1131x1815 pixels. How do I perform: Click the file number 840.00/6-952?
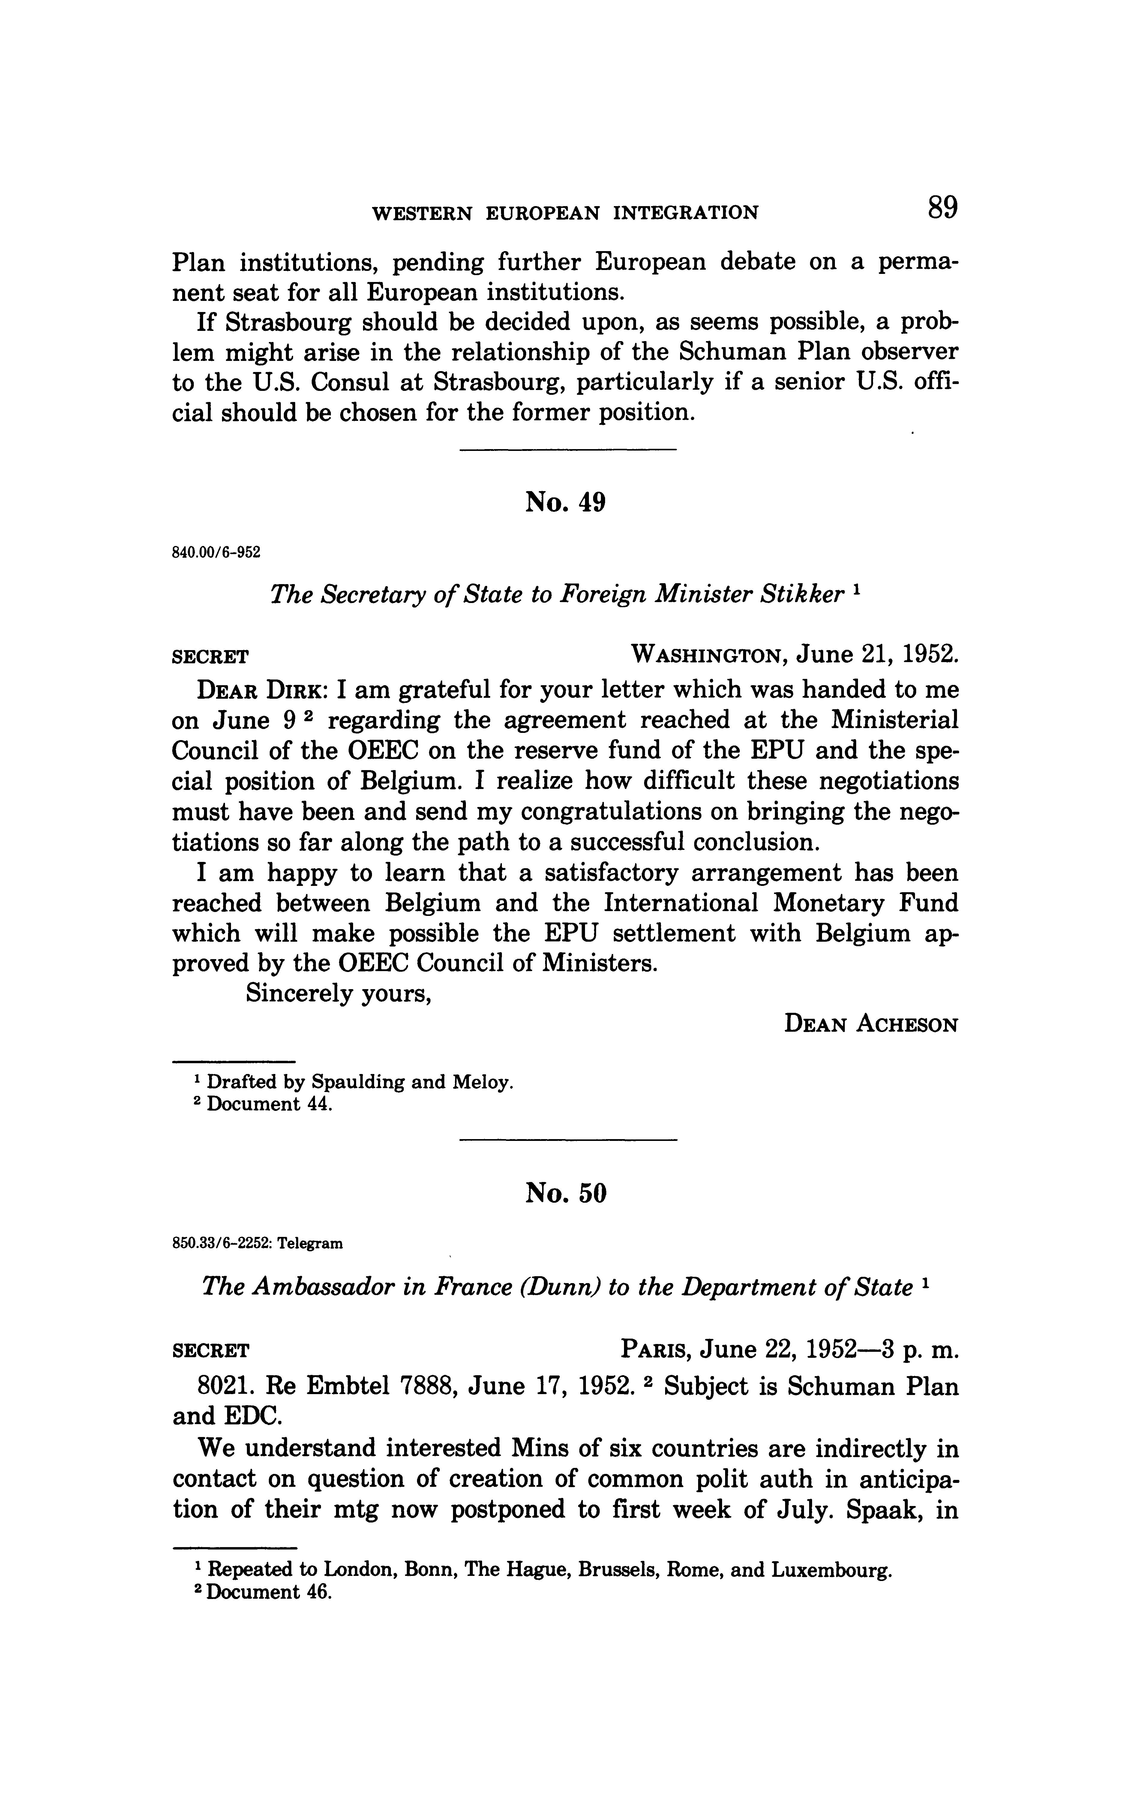tap(216, 553)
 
